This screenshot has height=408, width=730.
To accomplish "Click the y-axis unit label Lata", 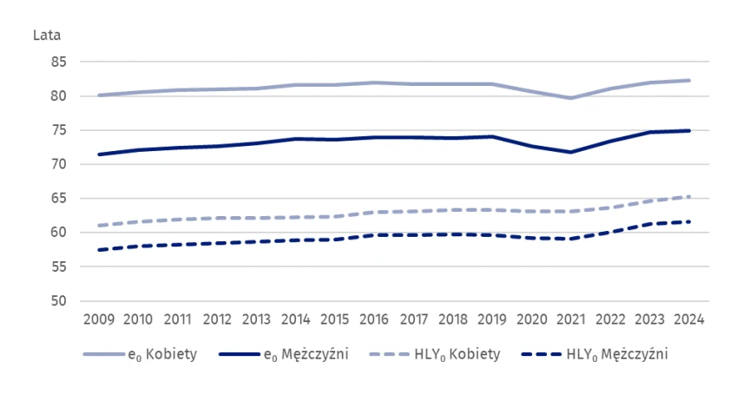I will pos(46,36).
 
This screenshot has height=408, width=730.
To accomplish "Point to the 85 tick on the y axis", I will pos(58,63).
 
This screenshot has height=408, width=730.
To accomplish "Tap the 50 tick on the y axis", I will pos(58,301).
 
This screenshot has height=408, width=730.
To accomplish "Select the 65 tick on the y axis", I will pos(58,199).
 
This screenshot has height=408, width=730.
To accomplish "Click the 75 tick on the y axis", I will pos(58,131).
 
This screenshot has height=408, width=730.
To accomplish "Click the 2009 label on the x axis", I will pos(99,319).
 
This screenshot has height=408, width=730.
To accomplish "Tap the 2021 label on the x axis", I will pos(570,319).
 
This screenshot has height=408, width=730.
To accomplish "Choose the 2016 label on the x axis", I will pos(374,319).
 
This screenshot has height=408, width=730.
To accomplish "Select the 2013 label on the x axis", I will pos(256,319).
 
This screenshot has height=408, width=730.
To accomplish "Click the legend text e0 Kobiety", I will pos(163,354).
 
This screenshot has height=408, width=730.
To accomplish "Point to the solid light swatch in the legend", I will pos(103,354).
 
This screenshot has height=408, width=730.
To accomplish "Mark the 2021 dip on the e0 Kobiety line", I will pos(570,98).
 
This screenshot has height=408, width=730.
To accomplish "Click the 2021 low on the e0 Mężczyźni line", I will pos(570,152).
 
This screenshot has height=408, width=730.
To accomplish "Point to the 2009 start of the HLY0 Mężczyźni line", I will pos(99,250).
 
